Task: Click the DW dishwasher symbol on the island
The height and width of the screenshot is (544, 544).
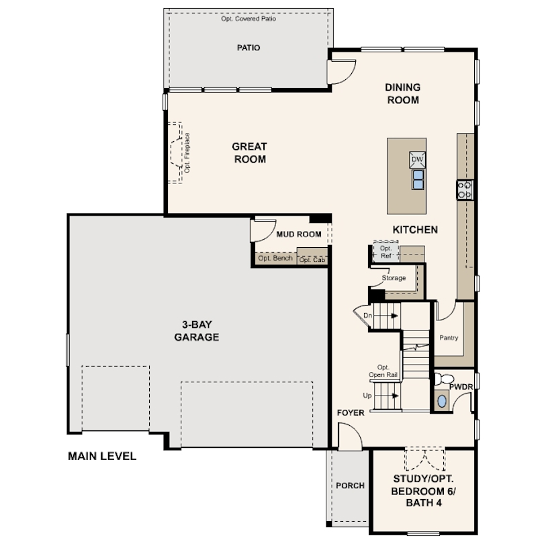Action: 417,160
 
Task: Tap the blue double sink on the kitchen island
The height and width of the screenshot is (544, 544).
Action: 418,179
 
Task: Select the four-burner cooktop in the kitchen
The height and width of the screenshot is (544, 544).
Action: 465,190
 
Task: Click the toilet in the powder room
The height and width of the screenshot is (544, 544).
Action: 444,379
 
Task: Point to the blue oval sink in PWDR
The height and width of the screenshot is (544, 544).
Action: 442,401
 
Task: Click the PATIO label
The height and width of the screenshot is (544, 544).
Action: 248,48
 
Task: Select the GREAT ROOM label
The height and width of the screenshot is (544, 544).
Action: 249,152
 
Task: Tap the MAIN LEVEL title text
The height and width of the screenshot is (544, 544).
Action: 102,456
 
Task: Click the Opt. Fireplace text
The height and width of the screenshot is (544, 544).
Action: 187,152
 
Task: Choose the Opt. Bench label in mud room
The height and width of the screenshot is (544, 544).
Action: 275,258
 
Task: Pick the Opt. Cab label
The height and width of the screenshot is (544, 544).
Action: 312,260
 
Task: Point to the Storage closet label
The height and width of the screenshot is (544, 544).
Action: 394,278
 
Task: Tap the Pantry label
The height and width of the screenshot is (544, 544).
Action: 449,338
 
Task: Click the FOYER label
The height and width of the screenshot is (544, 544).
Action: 351,412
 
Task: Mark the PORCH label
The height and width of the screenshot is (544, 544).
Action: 350,486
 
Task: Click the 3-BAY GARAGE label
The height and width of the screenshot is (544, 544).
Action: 197,330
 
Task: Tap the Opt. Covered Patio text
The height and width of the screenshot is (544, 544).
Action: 248,19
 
